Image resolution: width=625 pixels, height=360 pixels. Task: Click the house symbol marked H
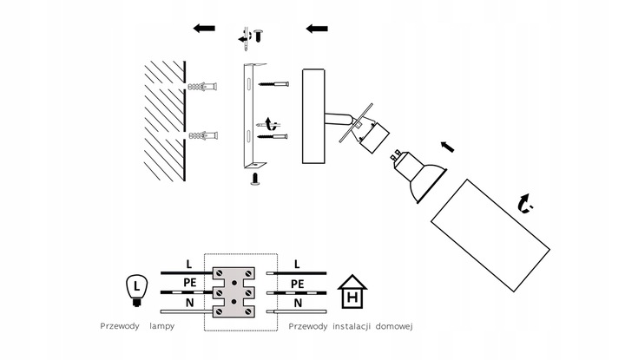[x=352, y=293]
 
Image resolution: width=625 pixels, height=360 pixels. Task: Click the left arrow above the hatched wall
[x=204, y=29]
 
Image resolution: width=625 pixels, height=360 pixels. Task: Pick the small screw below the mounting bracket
[x=256, y=180]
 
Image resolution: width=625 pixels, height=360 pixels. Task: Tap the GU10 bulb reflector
[x=421, y=177]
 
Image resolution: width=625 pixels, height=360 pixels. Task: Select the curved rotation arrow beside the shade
[x=524, y=204]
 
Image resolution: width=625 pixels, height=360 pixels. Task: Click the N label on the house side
[x=297, y=303]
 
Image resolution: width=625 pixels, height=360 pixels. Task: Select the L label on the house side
[x=297, y=263]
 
